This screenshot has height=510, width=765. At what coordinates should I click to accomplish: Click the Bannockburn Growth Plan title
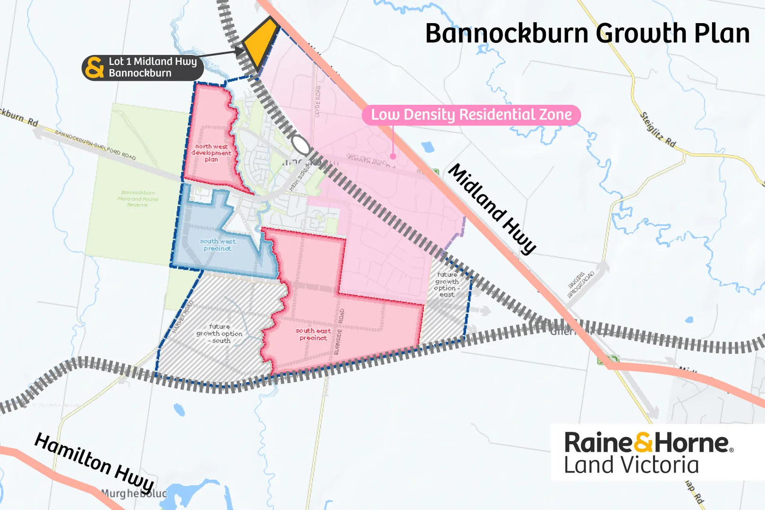(587, 34)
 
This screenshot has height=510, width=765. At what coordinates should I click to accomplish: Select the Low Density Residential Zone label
(471, 115)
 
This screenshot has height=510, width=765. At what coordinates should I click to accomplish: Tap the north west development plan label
(212, 153)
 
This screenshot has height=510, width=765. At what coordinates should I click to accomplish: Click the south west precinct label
(218, 245)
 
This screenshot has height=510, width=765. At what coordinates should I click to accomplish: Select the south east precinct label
(313, 334)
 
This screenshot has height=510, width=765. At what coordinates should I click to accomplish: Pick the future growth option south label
(220, 333)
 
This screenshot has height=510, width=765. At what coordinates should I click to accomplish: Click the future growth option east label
(447, 284)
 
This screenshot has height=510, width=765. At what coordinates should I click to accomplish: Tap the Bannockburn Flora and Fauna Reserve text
(138, 199)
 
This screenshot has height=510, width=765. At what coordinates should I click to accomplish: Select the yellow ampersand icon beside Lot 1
(95, 68)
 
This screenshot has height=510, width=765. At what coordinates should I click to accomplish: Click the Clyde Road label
(318, 102)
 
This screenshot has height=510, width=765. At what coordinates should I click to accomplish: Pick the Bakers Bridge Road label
(580, 284)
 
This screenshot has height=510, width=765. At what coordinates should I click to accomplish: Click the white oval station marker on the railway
(301, 145)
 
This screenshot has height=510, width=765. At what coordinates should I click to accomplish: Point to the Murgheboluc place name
(134, 494)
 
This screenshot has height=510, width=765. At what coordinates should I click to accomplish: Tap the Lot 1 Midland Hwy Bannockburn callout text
(153, 67)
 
